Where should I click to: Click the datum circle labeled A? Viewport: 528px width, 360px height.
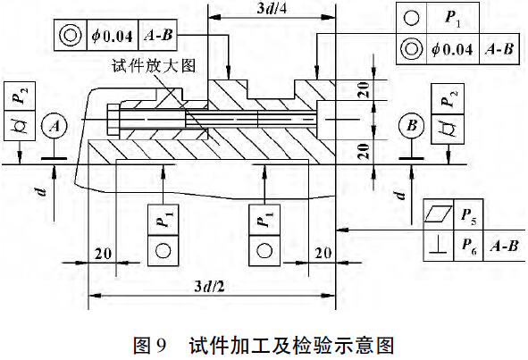click(x=54, y=126)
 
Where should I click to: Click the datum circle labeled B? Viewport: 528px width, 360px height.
click(x=412, y=126)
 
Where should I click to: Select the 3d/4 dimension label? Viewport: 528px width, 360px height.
click(x=272, y=8)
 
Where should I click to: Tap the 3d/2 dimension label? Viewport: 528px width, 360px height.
click(x=209, y=287)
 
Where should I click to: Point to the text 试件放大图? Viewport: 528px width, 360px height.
click(x=154, y=66)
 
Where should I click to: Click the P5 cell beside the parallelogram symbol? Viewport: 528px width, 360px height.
click(x=468, y=214)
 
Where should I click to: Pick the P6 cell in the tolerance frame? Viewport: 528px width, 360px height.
click(x=468, y=246)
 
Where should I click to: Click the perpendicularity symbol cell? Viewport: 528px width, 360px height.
click(x=439, y=246)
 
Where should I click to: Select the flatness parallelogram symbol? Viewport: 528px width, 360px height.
click(x=438, y=213)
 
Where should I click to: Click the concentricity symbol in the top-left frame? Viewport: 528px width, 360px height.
click(x=71, y=35)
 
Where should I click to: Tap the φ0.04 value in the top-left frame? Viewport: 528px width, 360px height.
click(x=113, y=36)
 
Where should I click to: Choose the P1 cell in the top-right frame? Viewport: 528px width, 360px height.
click(x=453, y=18)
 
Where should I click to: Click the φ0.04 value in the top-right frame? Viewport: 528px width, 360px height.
click(x=453, y=49)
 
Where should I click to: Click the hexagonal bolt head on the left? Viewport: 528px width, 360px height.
click(x=113, y=121)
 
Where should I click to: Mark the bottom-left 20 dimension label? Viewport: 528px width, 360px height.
click(x=103, y=254)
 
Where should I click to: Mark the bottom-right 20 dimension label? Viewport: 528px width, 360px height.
click(x=323, y=254)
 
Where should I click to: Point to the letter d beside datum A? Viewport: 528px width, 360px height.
click(x=41, y=192)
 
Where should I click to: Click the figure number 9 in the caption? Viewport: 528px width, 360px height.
click(x=161, y=345)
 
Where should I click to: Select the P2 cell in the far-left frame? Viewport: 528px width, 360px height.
click(x=20, y=96)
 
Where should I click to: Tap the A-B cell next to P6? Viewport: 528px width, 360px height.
click(x=504, y=246)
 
